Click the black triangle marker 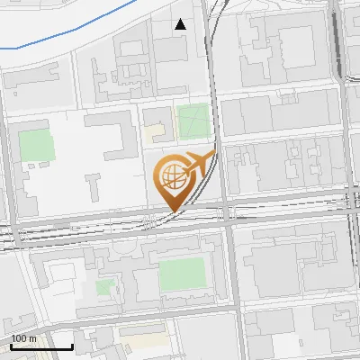(181, 24)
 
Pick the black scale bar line (41, 346)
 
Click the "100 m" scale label (24, 338)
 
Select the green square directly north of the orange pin (192, 121)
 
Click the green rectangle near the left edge (37, 145)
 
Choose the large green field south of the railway (182, 274)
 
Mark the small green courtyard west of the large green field (106, 289)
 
